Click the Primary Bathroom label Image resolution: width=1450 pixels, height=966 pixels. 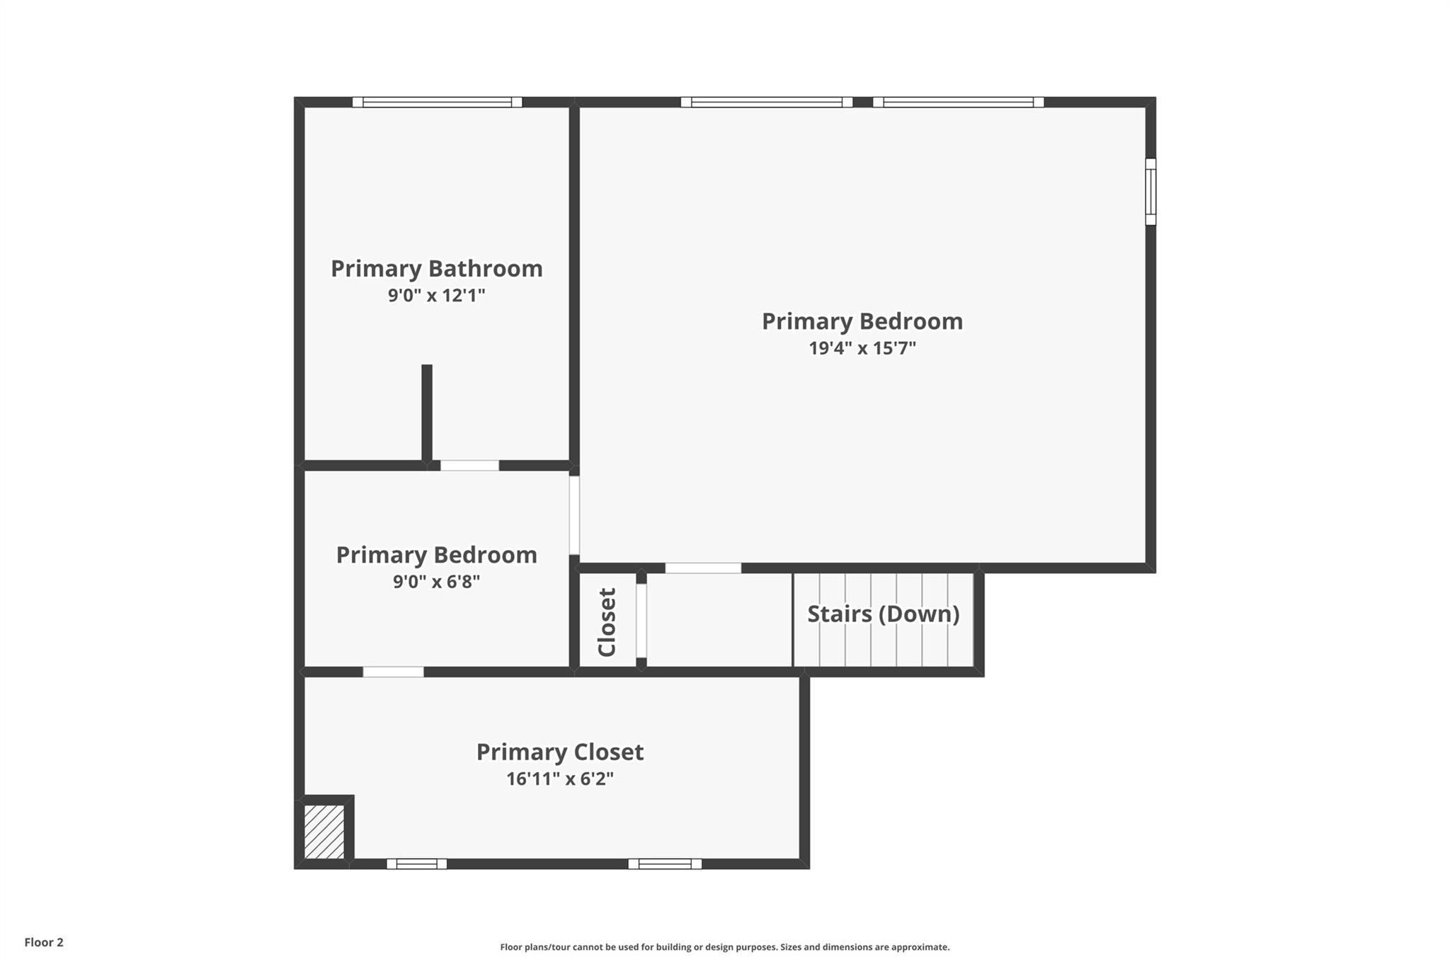coord(436,269)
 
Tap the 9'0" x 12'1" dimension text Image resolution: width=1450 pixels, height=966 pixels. coord(436,295)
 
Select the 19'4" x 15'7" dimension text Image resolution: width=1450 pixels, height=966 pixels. coord(862,348)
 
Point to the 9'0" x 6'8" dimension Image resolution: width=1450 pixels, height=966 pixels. coord(436,582)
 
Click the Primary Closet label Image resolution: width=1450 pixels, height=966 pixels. coord(559,752)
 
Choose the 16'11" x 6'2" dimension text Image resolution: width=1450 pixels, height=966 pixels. coord(559,778)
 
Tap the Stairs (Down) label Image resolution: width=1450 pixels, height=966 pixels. coord(883,614)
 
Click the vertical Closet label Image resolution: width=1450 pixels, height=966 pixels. coord(607,622)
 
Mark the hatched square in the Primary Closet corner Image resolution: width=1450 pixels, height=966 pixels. coord(324,832)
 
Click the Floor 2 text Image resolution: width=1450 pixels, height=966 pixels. coord(44,942)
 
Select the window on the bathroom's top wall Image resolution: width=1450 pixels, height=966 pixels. coord(437,102)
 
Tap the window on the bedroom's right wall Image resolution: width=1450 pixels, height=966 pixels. coord(1151,192)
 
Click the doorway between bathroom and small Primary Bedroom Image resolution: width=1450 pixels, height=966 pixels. coord(469,466)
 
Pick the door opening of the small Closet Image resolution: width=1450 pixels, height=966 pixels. coord(641,621)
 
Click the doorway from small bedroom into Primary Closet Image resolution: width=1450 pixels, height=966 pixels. coord(394,672)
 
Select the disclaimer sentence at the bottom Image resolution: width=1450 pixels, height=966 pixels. coord(724,947)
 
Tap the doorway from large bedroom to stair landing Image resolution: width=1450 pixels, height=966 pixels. coord(703,568)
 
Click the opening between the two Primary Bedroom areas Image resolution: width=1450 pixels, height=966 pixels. coord(574,515)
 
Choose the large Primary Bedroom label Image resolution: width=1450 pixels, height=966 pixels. coord(862,321)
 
